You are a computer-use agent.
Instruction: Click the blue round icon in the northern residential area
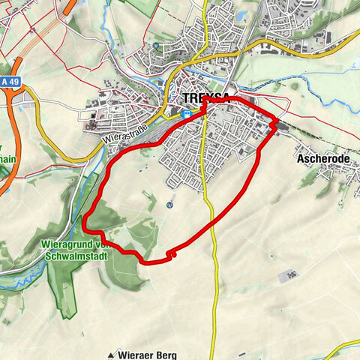pyautogui.click(x=155, y=46)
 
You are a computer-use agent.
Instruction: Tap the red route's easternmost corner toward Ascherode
pyautogui.click(x=278, y=121)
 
